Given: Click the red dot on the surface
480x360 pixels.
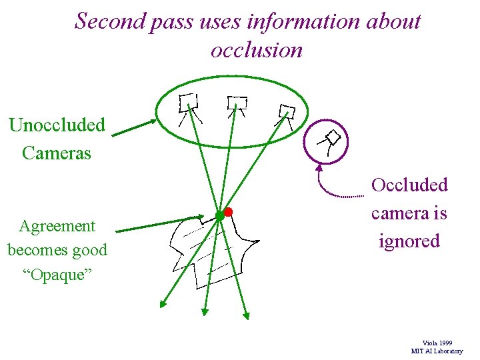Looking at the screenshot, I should (x=228, y=211).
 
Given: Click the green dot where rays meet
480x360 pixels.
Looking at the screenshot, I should (x=219, y=215).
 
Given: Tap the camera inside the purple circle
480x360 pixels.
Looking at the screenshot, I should (x=330, y=141).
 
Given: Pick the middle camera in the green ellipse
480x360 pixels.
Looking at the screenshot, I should (x=236, y=104).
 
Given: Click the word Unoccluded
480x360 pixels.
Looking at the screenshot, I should (x=57, y=125).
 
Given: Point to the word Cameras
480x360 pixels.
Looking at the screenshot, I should (x=57, y=153).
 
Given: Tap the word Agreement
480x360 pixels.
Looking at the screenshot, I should (x=57, y=226).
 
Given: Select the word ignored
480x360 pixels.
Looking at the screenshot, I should (x=409, y=241).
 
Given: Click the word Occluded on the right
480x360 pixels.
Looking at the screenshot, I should (x=409, y=185).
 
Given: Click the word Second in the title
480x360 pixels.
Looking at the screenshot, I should (x=101, y=21).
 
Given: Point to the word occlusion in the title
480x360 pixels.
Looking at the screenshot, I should (x=256, y=50).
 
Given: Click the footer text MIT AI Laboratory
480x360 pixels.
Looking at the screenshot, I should (x=437, y=351).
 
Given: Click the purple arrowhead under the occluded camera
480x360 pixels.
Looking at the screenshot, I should (x=319, y=168).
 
